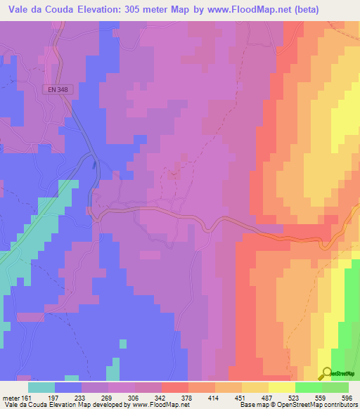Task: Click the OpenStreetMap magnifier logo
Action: pyautogui.click(x=326, y=374)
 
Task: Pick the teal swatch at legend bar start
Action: pyautogui.click(x=41, y=387)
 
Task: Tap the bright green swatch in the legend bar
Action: pyautogui.click(x=308, y=387)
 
